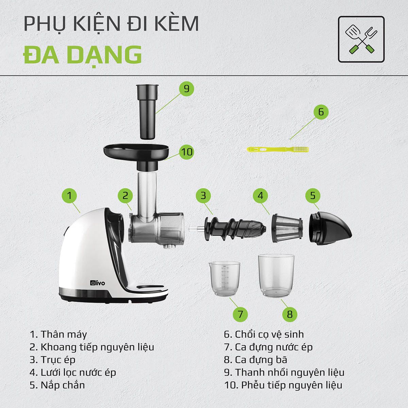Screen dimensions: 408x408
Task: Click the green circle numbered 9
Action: click(x=187, y=88)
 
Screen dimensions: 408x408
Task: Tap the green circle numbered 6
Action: click(x=321, y=112)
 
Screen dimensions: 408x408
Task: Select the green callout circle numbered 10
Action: click(x=187, y=152)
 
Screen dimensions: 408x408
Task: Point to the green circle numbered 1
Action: click(x=69, y=195)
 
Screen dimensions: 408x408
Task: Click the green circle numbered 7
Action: click(x=240, y=314)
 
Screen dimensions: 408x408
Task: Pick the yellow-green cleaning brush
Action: click(x=277, y=149)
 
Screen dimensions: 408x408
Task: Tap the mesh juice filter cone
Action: click(x=287, y=228)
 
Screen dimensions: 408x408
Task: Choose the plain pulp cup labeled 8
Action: click(x=276, y=276)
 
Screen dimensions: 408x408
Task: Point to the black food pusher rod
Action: click(x=148, y=112)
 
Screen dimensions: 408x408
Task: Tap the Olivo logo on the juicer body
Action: click(x=98, y=283)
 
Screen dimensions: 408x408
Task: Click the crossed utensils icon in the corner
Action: click(x=361, y=39)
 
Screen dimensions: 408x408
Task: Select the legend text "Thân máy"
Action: click(x=64, y=335)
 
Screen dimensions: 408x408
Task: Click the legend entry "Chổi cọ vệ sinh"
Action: click(x=269, y=335)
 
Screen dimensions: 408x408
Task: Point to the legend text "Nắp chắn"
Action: click(x=63, y=385)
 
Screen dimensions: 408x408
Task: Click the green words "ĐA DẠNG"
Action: click(x=82, y=55)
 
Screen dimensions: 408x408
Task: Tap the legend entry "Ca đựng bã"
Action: click(x=261, y=360)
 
